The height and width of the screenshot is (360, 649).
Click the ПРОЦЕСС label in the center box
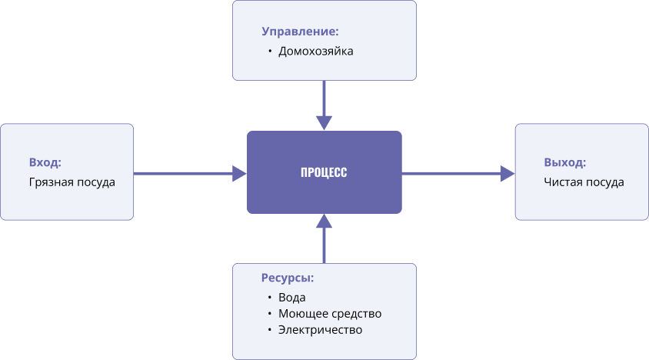coord(324,172)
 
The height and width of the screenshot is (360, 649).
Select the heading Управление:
coord(300,32)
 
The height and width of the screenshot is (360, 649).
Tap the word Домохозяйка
coord(315,52)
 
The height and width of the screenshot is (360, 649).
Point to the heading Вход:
coord(45,162)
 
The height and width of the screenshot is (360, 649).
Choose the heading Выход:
coord(564,162)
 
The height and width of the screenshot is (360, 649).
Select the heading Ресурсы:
coord(288,278)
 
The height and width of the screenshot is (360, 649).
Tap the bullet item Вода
coord(291,297)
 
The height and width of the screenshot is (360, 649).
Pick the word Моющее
coord(301,314)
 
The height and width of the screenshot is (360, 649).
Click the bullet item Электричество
coord(320,330)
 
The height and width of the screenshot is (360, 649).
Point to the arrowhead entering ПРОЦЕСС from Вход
coord(239,174)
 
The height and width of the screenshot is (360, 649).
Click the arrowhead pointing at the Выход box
coord(508,174)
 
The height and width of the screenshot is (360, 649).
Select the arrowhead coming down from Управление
coord(324,123)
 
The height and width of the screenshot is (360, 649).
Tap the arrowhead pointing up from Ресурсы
coord(324,222)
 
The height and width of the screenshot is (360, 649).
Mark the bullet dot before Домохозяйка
coord(270,52)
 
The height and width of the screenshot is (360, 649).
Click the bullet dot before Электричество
coord(270,330)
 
